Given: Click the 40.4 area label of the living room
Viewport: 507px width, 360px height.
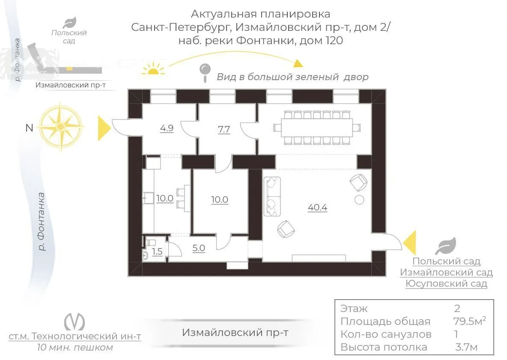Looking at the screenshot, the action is pos(317,207).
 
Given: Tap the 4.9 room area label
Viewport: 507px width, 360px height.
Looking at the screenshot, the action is pos(167,128).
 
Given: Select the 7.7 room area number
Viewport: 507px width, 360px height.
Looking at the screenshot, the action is pos(224,129).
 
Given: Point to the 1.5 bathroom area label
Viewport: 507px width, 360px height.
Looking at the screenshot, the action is pos(157,252).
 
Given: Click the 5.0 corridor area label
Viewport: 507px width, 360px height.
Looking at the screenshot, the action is pos(199,248).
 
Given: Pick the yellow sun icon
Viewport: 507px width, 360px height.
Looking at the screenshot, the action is pos(153,69).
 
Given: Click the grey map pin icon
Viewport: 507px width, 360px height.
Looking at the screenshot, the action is pos(205,72).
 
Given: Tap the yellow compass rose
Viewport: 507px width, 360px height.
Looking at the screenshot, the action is pos(61,126).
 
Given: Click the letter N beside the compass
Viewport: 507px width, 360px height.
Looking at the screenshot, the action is pos(29,128).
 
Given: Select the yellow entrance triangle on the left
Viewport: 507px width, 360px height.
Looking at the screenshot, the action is pos(104,129).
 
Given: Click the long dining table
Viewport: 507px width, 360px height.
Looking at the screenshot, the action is pos(316,128).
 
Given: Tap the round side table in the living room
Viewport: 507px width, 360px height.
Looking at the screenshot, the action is pos(359,200).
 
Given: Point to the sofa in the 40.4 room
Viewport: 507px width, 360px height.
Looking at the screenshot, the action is pos(272,196).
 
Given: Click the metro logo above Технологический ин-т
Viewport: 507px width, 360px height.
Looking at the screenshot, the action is pos(75,321).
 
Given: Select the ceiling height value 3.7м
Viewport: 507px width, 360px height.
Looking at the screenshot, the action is pos(466,347).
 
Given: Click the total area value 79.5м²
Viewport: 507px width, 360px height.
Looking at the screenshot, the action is pos(469,321).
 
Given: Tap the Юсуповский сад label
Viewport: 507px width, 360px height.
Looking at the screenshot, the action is pos(446,284).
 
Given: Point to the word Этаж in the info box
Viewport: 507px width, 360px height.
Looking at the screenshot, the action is pos(354,309).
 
